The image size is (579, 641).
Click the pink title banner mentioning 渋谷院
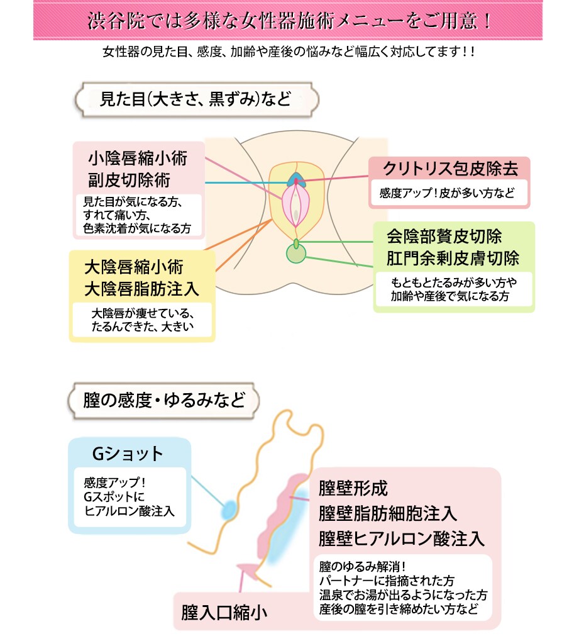coord(289,20)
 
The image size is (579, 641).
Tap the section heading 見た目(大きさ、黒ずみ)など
coord(195,99)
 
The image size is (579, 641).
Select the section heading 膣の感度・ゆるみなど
coord(163,400)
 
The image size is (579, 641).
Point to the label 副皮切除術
coord(129,181)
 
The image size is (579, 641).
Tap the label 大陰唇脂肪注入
coord(141,289)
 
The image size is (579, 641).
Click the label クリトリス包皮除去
coord(450,169)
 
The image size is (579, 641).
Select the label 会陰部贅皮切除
coord(444,237)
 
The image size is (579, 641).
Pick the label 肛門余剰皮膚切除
coord(453,259)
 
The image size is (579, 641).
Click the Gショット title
coord(128,453)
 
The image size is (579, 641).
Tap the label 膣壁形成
coord(353,488)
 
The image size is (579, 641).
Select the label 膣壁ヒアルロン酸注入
coord(402,538)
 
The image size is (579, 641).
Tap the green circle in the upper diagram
coord(295,254)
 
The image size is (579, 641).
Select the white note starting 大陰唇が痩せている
coord(143,320)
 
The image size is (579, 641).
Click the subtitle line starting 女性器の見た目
coord(289,52)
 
